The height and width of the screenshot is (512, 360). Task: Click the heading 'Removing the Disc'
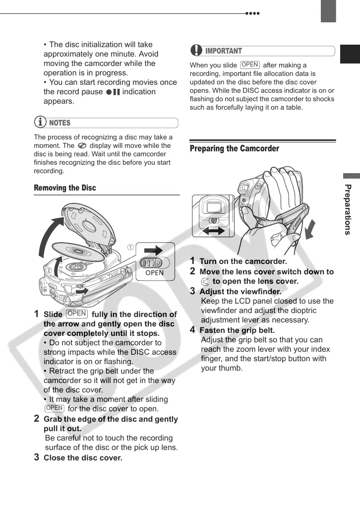click(65, 188)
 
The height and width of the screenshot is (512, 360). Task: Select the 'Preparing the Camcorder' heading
click(235, 148)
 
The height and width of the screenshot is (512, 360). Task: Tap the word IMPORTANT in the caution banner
click(224, 51)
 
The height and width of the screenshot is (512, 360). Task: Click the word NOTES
click(60, 123)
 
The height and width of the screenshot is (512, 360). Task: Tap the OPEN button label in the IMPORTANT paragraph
click(250, 65)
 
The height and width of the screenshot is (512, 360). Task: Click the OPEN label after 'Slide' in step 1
click(77, 314)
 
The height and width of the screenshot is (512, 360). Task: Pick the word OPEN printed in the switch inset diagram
click(155, 272)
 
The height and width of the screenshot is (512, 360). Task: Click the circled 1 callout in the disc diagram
click(130, 247)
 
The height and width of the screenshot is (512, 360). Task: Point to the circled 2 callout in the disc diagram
click(50, 270)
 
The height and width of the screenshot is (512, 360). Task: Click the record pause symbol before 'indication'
click(113, 92)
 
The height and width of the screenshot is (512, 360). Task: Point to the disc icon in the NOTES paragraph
click(82, 146)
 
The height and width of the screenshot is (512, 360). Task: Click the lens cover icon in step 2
click(205, 281)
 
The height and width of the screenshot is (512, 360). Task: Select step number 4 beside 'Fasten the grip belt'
click(193, 329)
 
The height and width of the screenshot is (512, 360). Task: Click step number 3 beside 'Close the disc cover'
click(37, 457)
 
